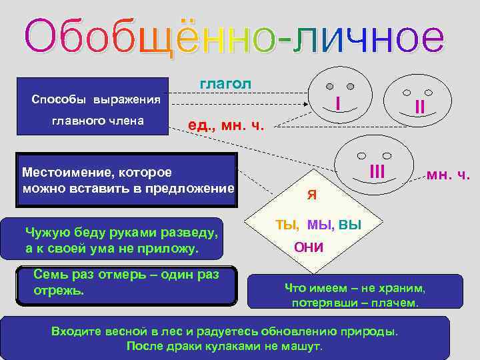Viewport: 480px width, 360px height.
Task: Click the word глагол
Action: pyautogui.click(x=225, y=83)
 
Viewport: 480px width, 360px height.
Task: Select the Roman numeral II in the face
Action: pyautogui.click(x=419, y=106)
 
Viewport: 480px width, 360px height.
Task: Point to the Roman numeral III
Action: pyautogui.click(x=377, y=171)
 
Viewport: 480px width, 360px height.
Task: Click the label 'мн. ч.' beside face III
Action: pyautogui.click(x=449, y=176)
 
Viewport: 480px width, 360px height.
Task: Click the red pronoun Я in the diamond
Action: pyautogui.click(x=311, y=195)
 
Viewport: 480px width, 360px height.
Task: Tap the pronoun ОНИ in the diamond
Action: pyautogui.click(x=309, y=248)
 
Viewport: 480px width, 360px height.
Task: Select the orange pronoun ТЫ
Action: pyautogui.click(x=287, y=225)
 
